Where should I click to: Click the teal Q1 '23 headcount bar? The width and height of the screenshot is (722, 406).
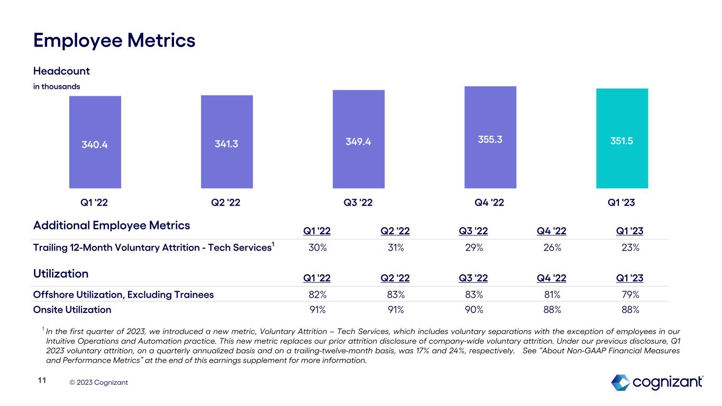pyautogui.click(x=622, y=138)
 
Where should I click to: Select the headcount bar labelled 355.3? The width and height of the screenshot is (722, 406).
pyautogui.click(x=490, y=137)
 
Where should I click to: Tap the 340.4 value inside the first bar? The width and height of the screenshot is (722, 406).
pyautogui.click(x=95, y=144)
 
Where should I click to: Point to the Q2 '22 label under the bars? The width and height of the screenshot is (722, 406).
pyautogui.click(x=226, y=202)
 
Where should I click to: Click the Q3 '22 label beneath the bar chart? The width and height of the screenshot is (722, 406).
pyautogui.click(x=358, y=202)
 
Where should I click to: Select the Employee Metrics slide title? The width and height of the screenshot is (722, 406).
pyautogui.click(x=114, y=41)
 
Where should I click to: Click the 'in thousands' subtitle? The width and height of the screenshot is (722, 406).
pyautogui.click(x=57, y=86)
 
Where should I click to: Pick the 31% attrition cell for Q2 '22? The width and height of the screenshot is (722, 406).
pyautogui.click(x=396, y=247)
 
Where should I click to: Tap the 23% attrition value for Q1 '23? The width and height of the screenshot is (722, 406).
pyautogui.click(x=630, y=247)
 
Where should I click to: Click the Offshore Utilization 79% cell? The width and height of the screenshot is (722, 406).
pyautogui.click(x=630, y=294)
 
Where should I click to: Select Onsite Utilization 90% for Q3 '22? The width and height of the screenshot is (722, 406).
pyautogui.click(x=474, y=310)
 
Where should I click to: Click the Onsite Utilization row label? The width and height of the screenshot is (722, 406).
pyautogui.click(x=72, y=310)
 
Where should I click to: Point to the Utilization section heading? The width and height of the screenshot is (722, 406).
pyautogui.click(x=61, y=273)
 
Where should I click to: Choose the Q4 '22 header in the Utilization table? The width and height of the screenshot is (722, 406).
pyautogui.click(x=552, y=278)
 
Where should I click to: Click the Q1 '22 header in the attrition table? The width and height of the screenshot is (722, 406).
pyautogui.click(x=317, y=230)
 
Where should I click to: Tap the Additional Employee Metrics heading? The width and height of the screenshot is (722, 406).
pyautogui.click(x=112, y=225)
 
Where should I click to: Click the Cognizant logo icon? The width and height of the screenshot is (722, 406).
pyautogui.click(x=620, y=383)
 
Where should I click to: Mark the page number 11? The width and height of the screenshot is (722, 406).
pyautogui.click(x=42, y=381)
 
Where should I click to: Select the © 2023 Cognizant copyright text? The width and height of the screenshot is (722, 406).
pyautogui.click(x=98, y=383)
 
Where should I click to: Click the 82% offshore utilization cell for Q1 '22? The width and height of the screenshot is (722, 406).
pyautogui.click(x=318, y=294)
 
